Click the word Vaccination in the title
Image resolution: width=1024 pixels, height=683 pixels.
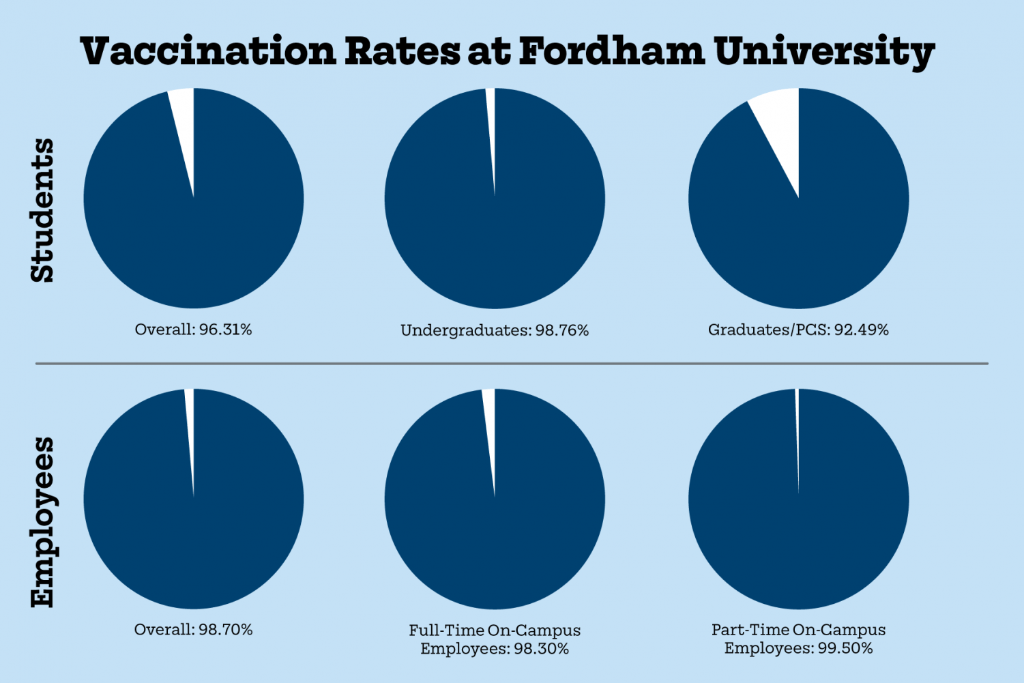click(209, 51)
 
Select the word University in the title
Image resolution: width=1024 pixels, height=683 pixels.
click(824, 53)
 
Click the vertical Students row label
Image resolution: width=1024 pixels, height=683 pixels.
click(42, 210)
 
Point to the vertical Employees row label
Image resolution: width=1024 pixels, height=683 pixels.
click(42, 522)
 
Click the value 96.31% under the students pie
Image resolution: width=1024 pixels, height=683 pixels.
click(226, 330)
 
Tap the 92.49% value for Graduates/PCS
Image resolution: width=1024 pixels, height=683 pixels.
click(862, 330)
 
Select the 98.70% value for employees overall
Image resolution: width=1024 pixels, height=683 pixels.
click(226, 630)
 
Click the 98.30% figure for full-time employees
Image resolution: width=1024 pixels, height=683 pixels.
click(542, 648)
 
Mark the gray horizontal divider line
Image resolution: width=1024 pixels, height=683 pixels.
click(512, 364)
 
